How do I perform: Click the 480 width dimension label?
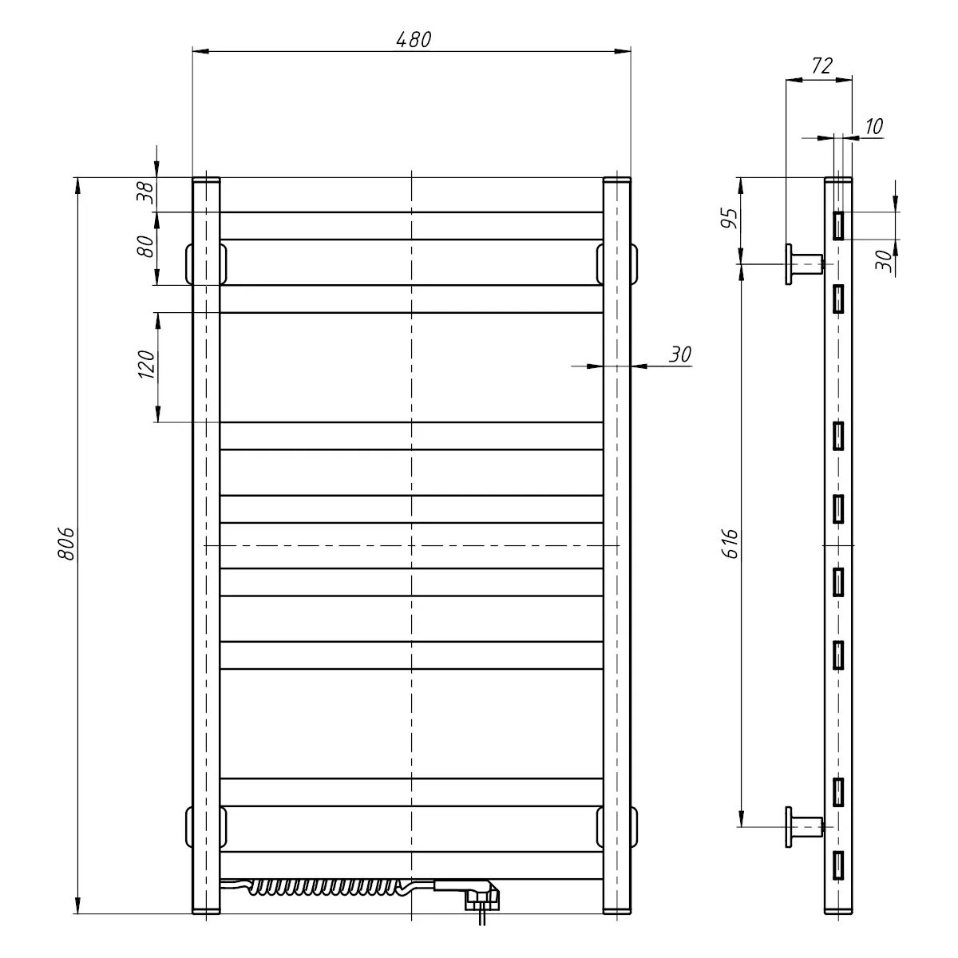click(414, 40)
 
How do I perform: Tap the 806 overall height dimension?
click(66, 544)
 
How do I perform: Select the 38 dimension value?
click(145, 193)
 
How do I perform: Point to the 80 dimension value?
click(145, 246)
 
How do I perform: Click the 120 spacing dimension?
click(147, 364)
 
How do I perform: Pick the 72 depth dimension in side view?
click(821, 65)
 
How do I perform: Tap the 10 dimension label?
click(874, 126)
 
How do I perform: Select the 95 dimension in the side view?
click(730, 218)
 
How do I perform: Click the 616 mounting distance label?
click(730, 544)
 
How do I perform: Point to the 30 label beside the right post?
click(679, 354)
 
